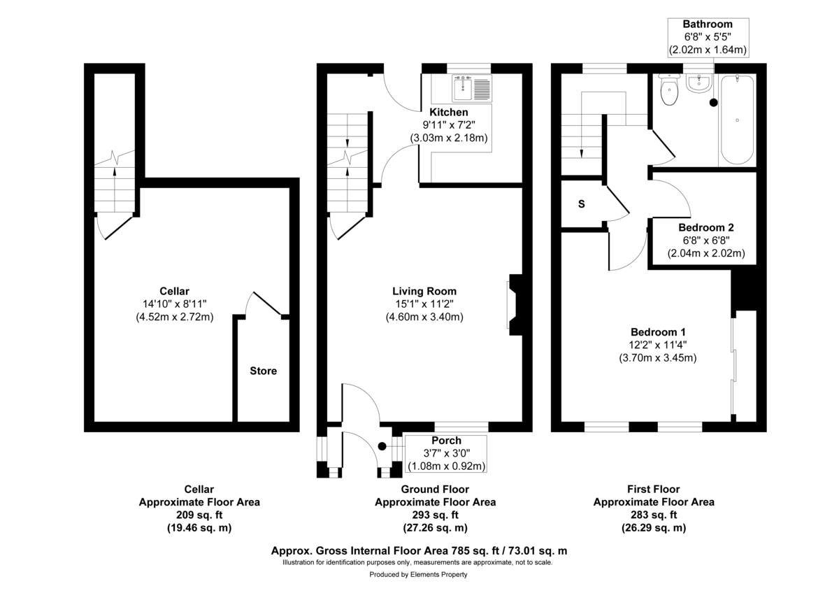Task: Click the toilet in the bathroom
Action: tap(669, 90)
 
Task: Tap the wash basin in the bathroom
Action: tap(699, 83)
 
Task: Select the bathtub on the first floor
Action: tap(737, 120)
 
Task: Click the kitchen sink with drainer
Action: tap(472, 88)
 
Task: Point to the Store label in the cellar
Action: tap(264, 371)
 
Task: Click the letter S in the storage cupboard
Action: tap(581, 204)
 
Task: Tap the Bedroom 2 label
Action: tap(706, 227)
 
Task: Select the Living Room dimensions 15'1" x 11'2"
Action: tap(424, 303)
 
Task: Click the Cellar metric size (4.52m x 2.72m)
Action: tap(175, 317)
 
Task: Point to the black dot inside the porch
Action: tap(382, 446)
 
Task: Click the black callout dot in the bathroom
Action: tap(714, 102)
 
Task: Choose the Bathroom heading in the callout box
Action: tap(708, 24)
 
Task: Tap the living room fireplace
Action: tap(515, 305)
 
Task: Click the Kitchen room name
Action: tap(449, 112)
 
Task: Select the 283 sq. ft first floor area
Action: tap(654, 515)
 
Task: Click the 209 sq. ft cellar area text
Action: tap(199, 515)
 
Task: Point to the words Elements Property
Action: tap(438, 574)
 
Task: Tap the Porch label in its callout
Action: tap(447, 440)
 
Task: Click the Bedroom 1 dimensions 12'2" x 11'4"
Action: tap(658, 345)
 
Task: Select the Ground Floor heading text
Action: tap(435, 490)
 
